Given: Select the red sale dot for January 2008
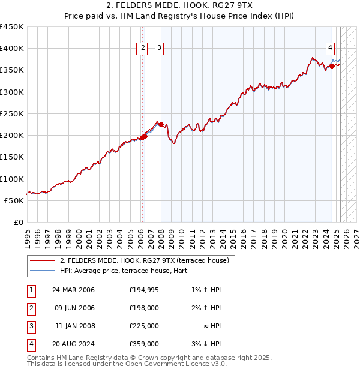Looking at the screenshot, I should click(161, 125).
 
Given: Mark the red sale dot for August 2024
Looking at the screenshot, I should click(332, 67).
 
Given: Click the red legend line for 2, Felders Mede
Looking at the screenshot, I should click(43, 261).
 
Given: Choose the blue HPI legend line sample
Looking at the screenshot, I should click(43, 271).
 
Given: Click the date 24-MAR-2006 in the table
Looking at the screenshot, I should click(73, 290).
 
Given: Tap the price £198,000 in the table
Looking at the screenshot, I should click(143, 308).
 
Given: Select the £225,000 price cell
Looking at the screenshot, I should click(143, 326).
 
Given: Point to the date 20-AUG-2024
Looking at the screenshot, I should click(73, 344).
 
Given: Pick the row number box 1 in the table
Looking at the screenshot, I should click(31, 290).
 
